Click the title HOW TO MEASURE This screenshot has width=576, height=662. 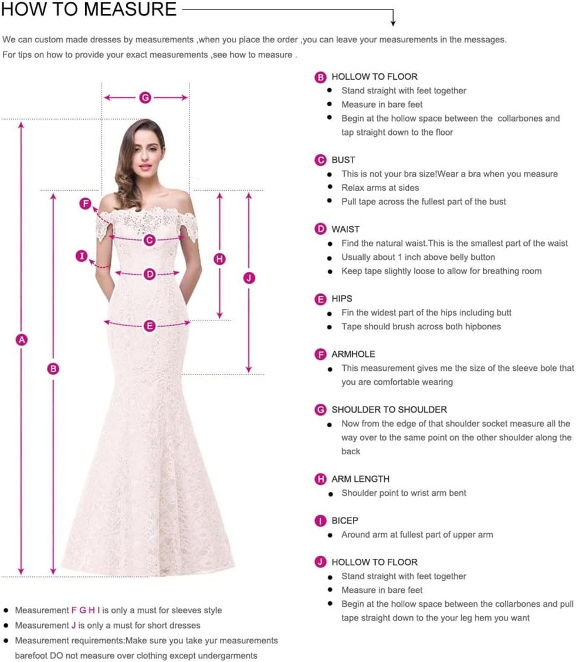pyautogui.click(x=89, y=9)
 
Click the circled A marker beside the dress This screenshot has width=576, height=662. pyautogui.click(x=22, y=339)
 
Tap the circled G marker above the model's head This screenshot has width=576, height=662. pyautogui.click(x=145, y=97)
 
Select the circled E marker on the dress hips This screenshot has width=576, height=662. pyautogui.click(x=150, y=326)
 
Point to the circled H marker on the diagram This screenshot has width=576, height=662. pyautogui.click(x=219, y=259)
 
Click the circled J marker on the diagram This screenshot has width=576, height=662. pyautogui.click(x=249, y=278)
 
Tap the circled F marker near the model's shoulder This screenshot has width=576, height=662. pyautogui.click(x=86, y=204)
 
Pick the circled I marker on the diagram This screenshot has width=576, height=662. pyautogui.click(x=82, y=255)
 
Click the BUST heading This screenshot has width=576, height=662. pyautogui.click(x=343, y=160)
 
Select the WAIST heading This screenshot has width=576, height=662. pyautogui.click(x=345, y=229)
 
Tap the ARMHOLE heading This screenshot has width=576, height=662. pyautogui.click(x=353, y=354)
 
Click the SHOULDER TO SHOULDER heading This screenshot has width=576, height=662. pyautogui.click(x=389, y=410)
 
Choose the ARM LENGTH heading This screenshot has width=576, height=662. pyautogui.click(x=360, y=479)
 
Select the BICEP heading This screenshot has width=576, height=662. pyautogui.click(x=344, y=521)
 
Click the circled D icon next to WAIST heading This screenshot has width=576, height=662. pyautogui.click(x=320, y=229)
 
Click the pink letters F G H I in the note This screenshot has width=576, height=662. pyautogui.click(x=86, y=610)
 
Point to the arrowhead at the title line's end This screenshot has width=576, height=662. pyautogui.click(x=393, y=23)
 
